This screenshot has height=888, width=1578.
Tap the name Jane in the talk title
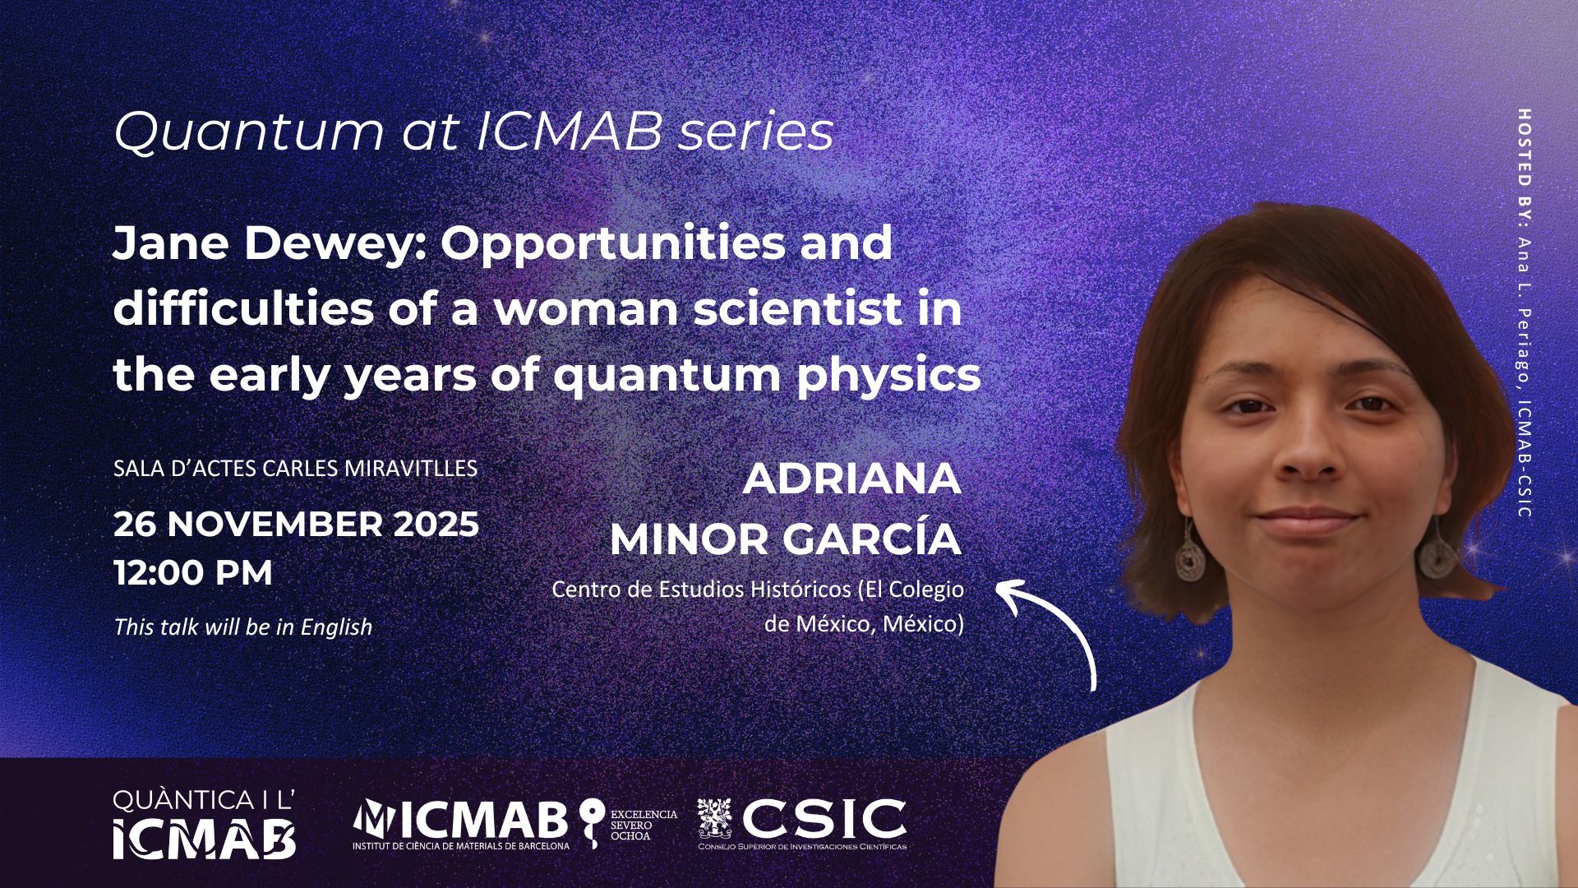[160, 243]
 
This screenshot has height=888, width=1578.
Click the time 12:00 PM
[193, 573]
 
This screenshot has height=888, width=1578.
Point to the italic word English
[336, 627]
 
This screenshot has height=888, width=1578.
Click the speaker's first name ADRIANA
[852, 479]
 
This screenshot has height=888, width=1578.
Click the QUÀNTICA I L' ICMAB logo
[205, 825]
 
